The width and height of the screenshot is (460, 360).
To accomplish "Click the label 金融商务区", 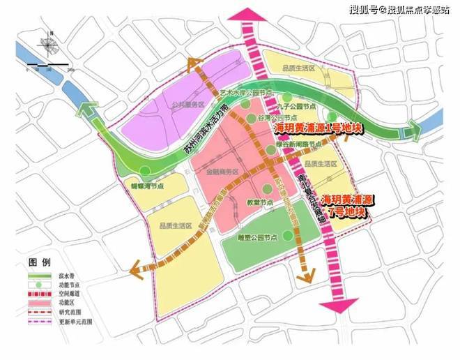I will [x=223, y=172].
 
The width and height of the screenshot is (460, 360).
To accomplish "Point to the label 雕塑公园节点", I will [x=259, y=237].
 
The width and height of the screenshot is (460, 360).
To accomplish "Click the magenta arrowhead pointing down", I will [x=338, y=305].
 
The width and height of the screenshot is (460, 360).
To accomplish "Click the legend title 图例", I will [x=40, y=263].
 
